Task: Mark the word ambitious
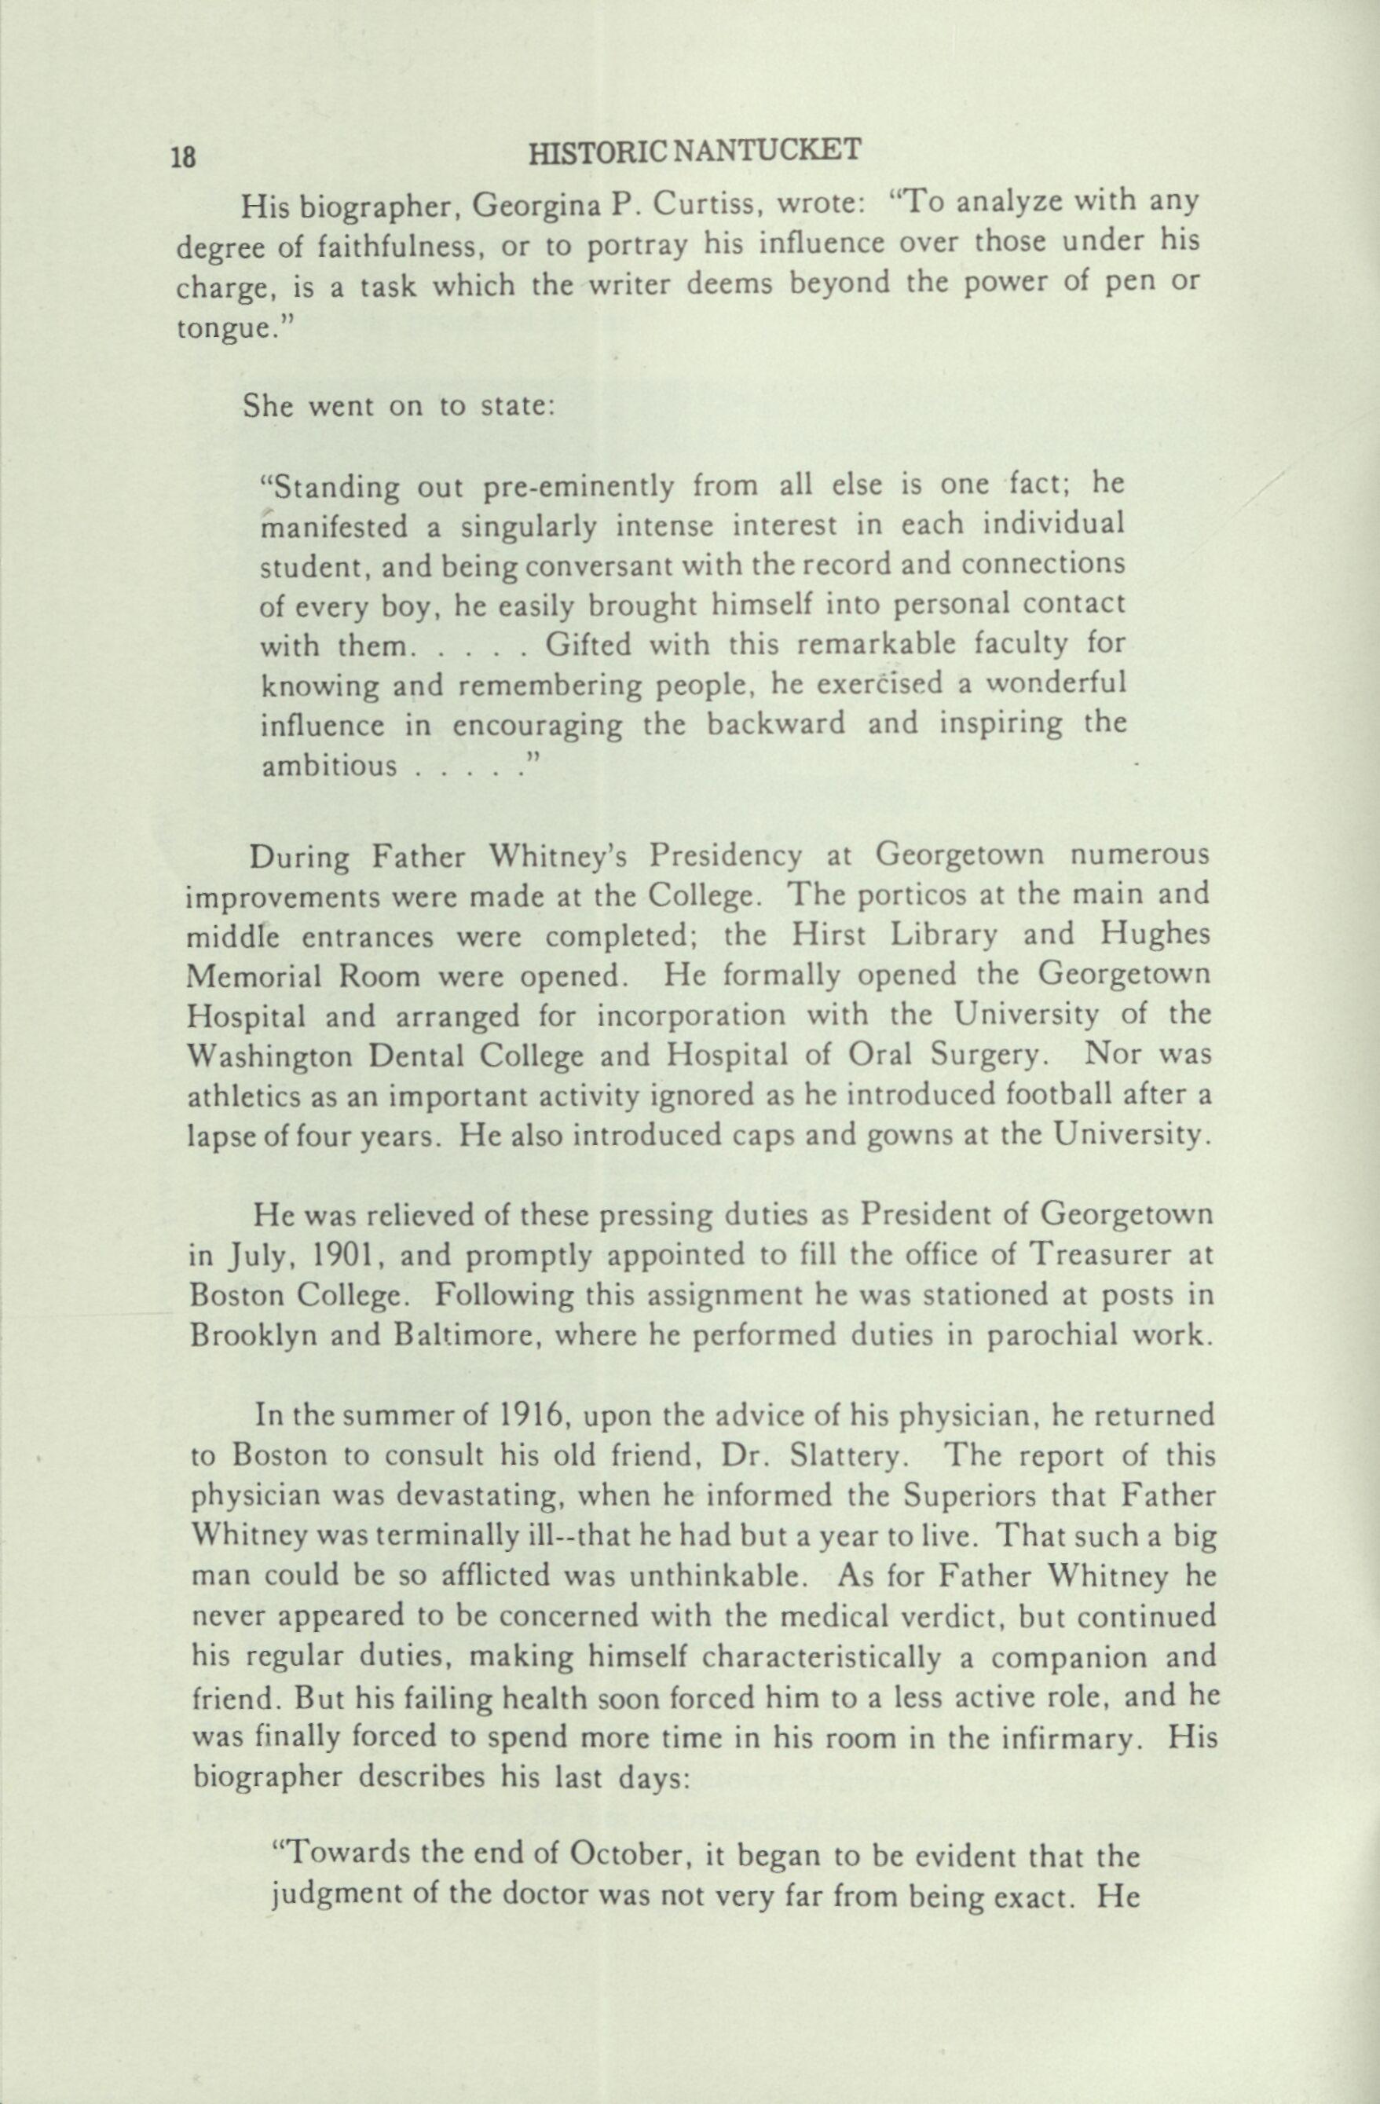pyautogui.click(x=329, y=765)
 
